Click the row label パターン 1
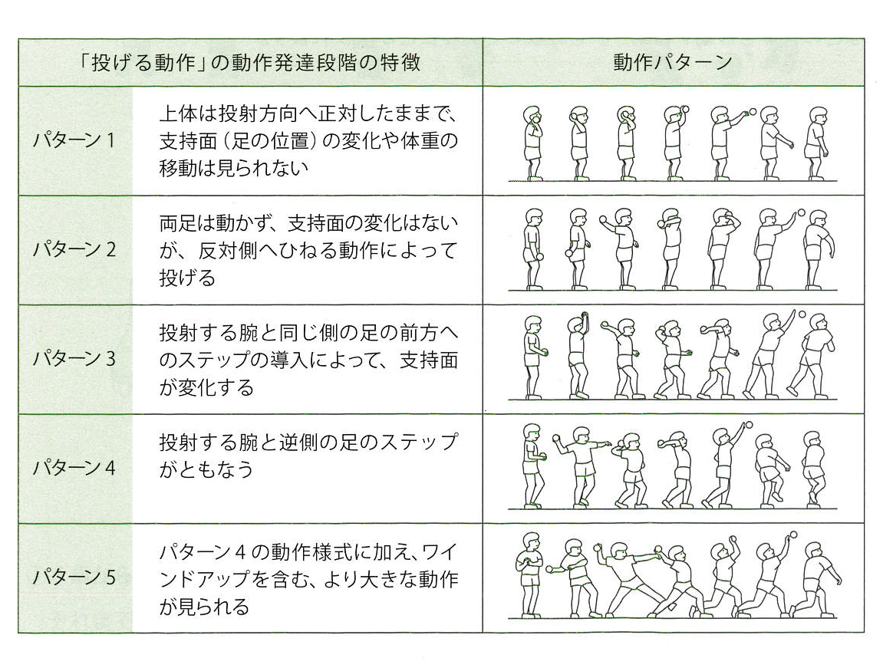click(74, 140)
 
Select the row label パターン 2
click(74, 250)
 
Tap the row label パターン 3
click(74, 359)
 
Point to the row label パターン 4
click(74, 468)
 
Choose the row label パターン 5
click(74, 578)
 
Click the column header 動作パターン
click(673, 62)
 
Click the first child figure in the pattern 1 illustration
click(531, 143)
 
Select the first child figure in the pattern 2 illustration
click(531, 250)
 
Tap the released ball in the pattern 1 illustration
click(753, 111)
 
